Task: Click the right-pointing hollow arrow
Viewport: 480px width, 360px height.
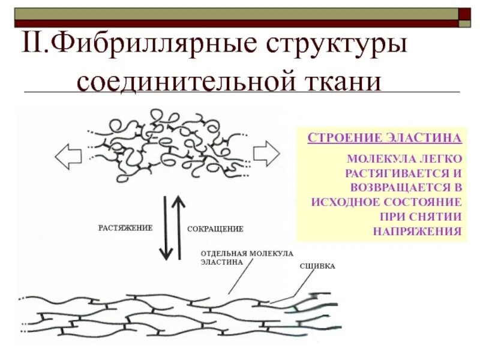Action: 266,154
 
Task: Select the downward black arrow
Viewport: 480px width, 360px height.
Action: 163,228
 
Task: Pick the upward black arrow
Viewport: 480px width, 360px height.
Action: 178,227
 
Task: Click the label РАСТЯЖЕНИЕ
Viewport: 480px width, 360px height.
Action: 125,228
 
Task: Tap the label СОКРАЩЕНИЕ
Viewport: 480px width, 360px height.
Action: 215,229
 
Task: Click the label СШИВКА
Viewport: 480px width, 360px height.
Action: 317,266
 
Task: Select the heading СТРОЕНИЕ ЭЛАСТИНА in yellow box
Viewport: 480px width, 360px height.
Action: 385,138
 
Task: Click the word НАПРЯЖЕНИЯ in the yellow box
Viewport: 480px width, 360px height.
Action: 418,231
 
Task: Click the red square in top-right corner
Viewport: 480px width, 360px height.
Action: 464,13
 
